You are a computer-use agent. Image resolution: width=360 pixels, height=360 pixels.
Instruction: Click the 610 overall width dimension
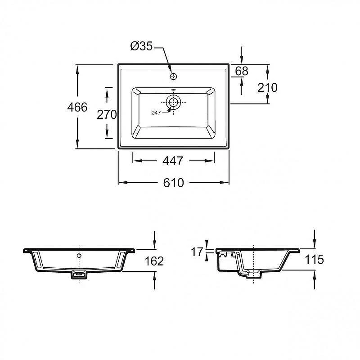click(174, 183)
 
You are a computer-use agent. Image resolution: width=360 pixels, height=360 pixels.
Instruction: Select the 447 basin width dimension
click(173, 161)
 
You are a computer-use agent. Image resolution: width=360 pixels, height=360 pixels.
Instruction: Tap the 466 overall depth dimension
click(77, 107)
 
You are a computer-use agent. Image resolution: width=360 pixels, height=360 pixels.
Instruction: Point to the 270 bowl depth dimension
click(107, 114)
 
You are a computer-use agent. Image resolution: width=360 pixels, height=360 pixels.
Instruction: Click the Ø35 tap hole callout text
click(141, 46)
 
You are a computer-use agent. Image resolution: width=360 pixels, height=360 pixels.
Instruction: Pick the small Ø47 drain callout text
click(156, 113)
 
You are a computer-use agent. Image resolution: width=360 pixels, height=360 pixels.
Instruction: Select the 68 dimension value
click(242, 71)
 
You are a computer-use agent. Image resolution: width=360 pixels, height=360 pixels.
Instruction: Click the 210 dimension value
click(267, 87)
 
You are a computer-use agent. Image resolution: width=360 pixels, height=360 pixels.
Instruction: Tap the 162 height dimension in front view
click(154, 261)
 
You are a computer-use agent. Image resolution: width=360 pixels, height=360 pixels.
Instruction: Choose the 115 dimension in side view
click(314, 260)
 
